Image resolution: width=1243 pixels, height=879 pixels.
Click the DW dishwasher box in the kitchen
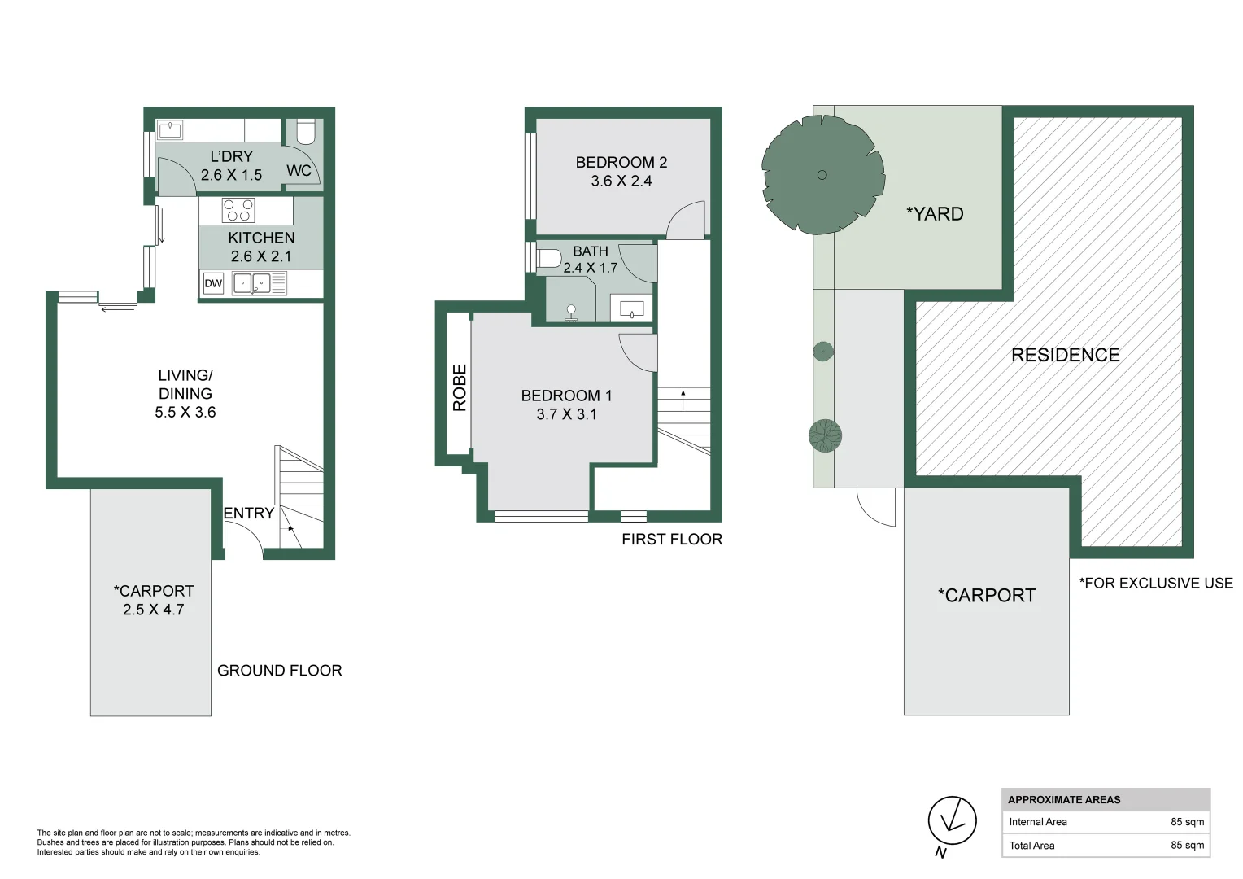coord(213,283)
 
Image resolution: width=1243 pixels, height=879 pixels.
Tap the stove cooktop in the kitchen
coord(238,210)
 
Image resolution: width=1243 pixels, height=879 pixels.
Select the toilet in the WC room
coord(305,131)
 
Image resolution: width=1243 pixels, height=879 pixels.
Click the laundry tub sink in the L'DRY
coord(170,129)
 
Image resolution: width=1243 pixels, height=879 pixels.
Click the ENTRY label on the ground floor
coord(248,514)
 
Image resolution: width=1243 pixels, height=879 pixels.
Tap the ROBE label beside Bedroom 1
coord(460,387)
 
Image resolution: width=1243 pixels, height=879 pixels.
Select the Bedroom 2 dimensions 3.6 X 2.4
coord(621,181)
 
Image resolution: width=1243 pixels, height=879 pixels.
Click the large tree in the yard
coord(822,175)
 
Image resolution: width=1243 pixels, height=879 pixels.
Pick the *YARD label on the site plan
coord(935,214)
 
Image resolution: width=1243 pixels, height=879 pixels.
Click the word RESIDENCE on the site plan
coord(1065,355)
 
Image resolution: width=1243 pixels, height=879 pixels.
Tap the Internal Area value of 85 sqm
coord(1187,822)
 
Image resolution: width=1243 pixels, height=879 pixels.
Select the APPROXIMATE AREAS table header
coord(1064,800)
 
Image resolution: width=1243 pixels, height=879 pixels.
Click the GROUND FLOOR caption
coord(279,671)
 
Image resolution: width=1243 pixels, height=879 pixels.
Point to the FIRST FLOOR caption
coord(672,540)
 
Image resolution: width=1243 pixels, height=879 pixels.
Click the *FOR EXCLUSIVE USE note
coord(1155,584)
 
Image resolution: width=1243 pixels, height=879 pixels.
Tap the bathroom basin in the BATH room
coord(632,309)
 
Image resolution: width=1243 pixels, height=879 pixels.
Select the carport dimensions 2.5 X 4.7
coord(154,610)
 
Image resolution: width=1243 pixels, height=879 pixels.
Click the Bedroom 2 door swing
coord(687,221)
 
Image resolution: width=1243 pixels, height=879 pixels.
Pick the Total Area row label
coord(1031,846)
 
